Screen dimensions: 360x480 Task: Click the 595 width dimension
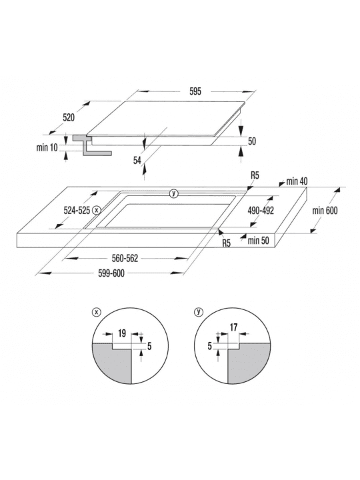click(195, 91)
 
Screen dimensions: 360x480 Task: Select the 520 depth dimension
click(69, 117)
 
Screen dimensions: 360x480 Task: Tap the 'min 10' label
click(47, 147)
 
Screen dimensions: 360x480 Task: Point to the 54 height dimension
click(137, 160)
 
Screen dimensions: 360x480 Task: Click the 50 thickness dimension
click(252, 141)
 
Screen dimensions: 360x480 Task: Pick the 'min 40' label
click(297, 181)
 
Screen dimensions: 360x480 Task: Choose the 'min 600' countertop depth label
click(325, 210)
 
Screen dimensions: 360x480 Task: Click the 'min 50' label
click(259, 240)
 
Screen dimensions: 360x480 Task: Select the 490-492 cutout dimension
click(261, 210)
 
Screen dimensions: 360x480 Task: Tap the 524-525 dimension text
click(77, 210)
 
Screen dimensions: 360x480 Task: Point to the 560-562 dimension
click(125, 259)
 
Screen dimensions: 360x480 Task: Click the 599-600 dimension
click(111, 273)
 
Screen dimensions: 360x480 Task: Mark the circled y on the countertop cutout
click(174, 193)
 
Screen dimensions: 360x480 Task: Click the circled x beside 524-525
click(97, 210)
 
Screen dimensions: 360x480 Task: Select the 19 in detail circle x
click(122, 333)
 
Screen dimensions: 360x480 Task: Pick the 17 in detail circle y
click(233, 327)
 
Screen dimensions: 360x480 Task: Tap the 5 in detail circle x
click(149, 346)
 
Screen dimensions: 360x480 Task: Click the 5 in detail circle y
click(210, 346)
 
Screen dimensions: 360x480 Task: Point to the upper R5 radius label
click(255, 175)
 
